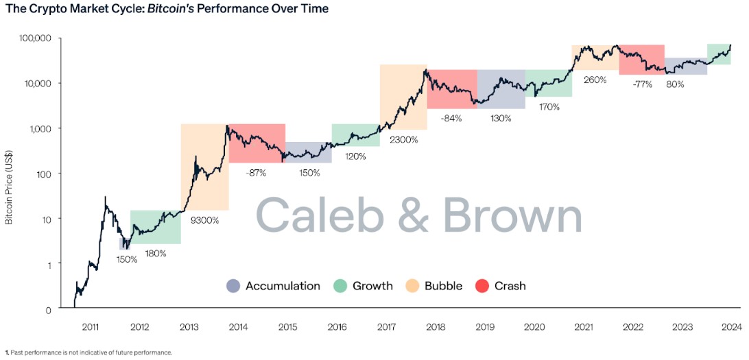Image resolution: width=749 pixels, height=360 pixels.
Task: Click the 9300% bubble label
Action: pyautogui.click(x=204, y=220)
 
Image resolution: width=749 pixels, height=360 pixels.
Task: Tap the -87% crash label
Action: pyautogui.click(x=257, y=173)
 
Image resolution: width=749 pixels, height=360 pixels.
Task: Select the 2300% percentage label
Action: pyautogui.click(x=403, y=139)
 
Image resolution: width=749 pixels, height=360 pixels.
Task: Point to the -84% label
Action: pyautogui.click(x=451, y=118)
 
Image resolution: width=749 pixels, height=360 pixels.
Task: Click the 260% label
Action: pyautogui.click(x=595, y=80)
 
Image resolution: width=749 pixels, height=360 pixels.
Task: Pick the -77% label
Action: pyautogui.click(x=643, y=84)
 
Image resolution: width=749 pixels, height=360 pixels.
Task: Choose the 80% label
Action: pyautogui.click(x=676, y=84)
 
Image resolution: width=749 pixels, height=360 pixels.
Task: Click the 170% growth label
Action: pyautogui.click(x=549, y=107)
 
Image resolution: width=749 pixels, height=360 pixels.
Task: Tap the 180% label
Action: pyautogui.click(x=155, y=253)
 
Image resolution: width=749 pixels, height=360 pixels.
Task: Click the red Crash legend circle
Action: pyautogui.click(x=482, y=286)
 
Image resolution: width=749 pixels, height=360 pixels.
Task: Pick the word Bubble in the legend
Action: pyautogui.click(x=443, y=286)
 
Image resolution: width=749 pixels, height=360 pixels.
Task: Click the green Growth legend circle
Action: pyautogui.click(x=340, y=286)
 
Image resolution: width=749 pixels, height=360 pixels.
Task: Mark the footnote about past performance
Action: pyautogui.click(x=88, y=352)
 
